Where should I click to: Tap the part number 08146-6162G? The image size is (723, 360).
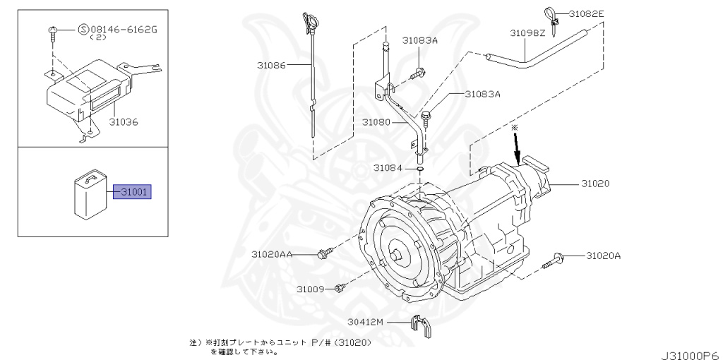point(118,30)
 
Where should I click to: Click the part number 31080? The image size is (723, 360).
point(376,122)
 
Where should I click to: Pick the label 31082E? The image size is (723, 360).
point(587,13)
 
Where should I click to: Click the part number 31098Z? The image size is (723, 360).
point(527,32)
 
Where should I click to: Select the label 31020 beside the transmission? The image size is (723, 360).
point(595,184)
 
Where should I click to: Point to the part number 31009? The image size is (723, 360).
point(310,289)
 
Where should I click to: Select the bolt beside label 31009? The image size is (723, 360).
point(340,287)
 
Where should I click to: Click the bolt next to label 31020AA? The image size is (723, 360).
point(325,252)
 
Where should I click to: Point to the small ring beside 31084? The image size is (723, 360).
point(419,169)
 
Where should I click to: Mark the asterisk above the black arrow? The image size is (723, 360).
point(515,127)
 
